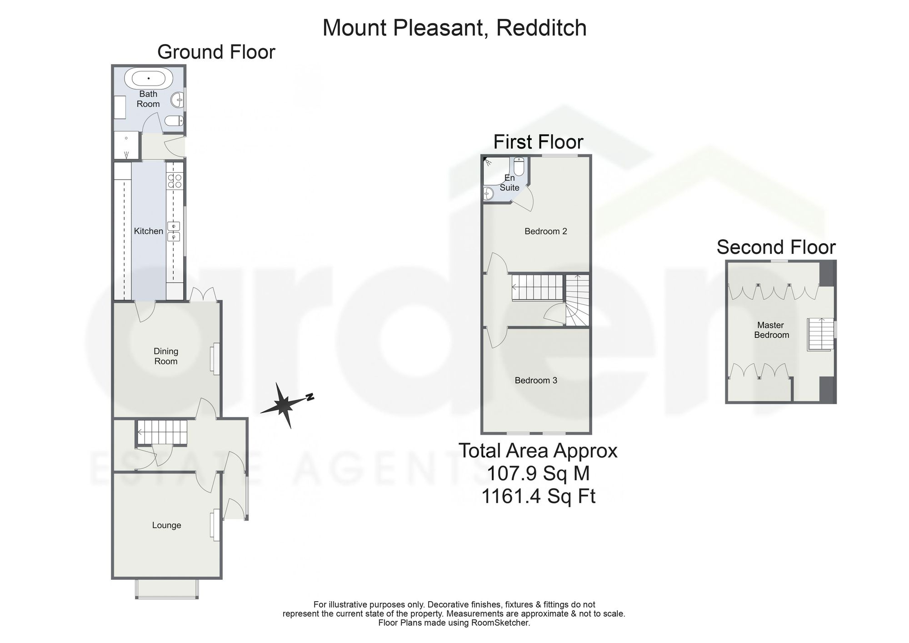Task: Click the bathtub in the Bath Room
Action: (x=149, y=78)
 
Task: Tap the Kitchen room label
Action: (x=148, y=231)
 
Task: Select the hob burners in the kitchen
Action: (x=174, y=181)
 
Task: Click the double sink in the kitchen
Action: (x=174, y=231)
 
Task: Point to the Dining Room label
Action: (x=166, y=356)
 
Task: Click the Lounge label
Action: (x=166, y=525)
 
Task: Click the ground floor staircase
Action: (x=162, y=432)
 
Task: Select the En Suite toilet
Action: (x=519, y=166)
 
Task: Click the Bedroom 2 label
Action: (x=545, y=231)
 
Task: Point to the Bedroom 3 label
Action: (x=536, y=381)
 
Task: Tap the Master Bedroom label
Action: (x=771, y=330)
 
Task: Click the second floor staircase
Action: (x=821, y=334)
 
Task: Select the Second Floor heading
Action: (x=776, y=247)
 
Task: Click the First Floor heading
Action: (x=538, y=142)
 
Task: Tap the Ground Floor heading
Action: (x=216, y=52)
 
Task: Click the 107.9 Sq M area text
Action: (x=538, y=473)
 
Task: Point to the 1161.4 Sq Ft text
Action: (x=538, y=496)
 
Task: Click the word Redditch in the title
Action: (x=541, y=28)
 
